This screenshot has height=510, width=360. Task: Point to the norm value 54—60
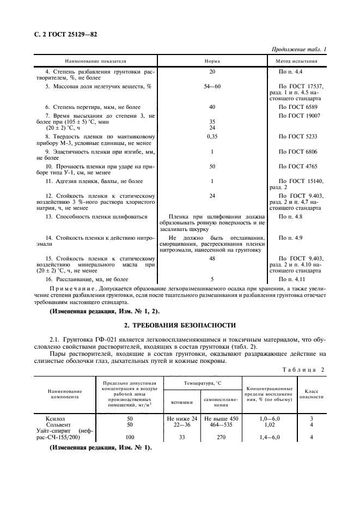click(212, 86)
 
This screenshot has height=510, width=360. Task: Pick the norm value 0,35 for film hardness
click(212, 136)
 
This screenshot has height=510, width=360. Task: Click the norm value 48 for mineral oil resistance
click(212, 258)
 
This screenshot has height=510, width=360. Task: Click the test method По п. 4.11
click(290, 278)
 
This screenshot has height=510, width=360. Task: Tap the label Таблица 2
click(303, 369)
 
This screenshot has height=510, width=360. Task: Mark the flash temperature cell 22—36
click(182, 424)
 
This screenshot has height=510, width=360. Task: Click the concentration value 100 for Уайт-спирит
click(130, 437)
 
